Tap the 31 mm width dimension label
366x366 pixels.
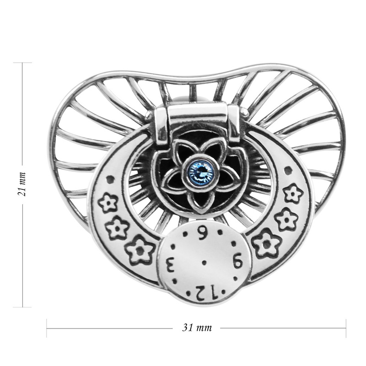tap(197, 328)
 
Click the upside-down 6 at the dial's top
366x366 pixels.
tap(201, 232)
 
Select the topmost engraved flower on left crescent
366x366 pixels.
tap(108, 202)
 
